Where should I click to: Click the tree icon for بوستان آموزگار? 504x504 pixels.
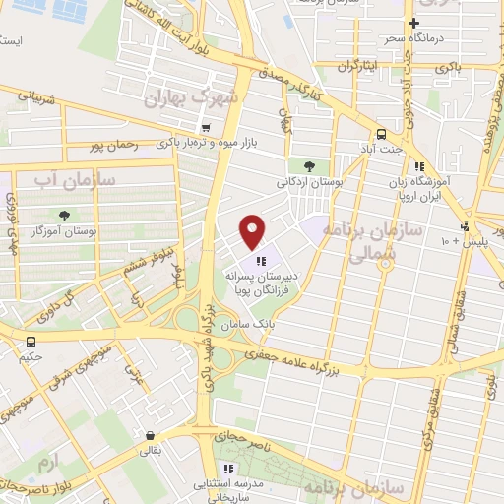[x=65, y=215]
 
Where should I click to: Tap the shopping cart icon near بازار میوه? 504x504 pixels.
[x=205, y=127]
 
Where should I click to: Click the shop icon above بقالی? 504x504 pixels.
[x=149, y=435]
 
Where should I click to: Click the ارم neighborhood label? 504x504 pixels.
[x=45, y=461]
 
